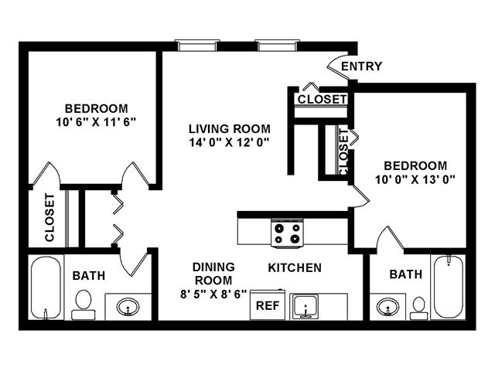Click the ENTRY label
361,66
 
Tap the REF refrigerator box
268,305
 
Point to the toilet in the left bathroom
82,304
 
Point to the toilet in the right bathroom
418,307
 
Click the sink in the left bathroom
127,307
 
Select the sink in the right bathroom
387,307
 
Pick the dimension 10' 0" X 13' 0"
415,179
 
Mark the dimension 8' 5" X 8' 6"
213,294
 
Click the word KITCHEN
295,268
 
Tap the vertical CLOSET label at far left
49,217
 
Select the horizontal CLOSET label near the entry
322,100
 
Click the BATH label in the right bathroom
405,274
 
